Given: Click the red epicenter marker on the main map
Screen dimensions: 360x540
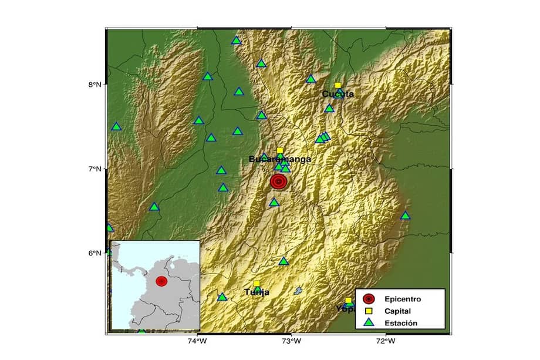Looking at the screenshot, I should pyautogui.click(x=279, y=181).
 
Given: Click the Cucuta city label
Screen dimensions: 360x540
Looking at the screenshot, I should pyautogui.click(x=338, y=94).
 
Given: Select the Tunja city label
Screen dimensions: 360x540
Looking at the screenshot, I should pyautogui.click(x=256, y=292).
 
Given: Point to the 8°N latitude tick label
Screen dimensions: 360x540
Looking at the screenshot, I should pyautogui.click(x=95, y=85).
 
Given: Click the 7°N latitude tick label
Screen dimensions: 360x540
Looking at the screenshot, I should pyautogui.click(x=95, y=169).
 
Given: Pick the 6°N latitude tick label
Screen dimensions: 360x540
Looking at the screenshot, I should pyautogui.click(x=95, y=253).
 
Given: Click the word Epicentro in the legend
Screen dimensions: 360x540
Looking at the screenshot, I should pyautogui.click(x=404, y=299).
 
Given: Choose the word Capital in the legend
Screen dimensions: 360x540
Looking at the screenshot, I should pyautogui.click(x=400, y=311).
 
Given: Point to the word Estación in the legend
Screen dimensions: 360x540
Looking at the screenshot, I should pyautogui.click(x=402, y=322).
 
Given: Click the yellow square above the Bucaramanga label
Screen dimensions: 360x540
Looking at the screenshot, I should pyautogui.click(x=280, y=150).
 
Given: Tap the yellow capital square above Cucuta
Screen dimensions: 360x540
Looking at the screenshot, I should pyautogui.click(x=338, y=85).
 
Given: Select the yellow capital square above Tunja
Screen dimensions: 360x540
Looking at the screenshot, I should pyautogui.click(x=256, y=284).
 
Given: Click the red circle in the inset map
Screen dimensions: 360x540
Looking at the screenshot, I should pyautogui.click(x=161, y=281).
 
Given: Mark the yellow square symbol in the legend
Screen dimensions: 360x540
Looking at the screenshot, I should pyautogui.click(x=368, y=311).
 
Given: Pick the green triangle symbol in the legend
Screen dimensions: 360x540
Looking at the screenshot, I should pyautogui.click(x=368, y=322).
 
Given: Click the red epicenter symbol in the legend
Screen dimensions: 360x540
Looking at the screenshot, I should pyautogui.click(x=368, y=299).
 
